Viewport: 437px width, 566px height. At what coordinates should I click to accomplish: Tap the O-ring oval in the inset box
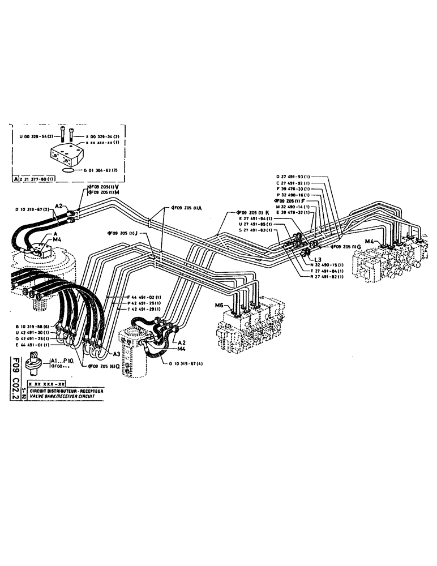67,169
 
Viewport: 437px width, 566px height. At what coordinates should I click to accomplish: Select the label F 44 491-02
144,298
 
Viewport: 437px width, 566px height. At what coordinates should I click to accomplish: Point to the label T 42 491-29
144,309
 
